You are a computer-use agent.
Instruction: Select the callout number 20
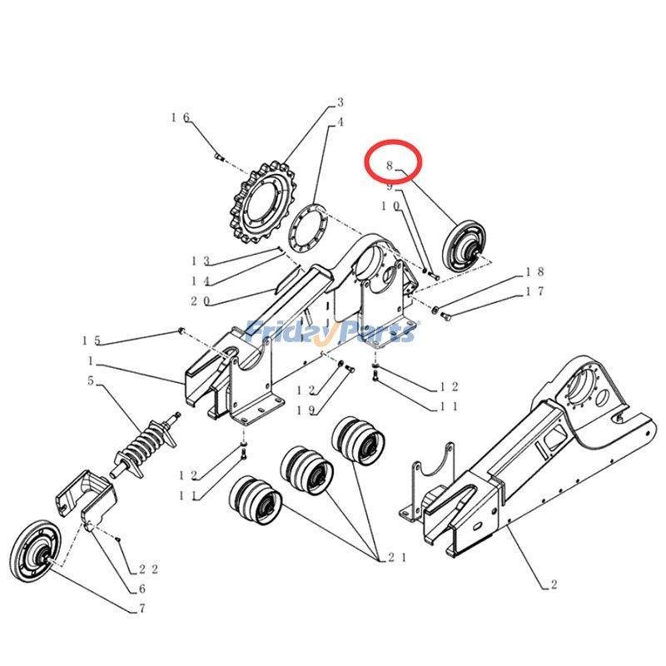200,301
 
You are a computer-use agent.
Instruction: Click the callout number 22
149,569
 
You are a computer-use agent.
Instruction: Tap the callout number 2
554,584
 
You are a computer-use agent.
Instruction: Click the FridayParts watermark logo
332,331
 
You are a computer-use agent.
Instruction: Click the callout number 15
91,340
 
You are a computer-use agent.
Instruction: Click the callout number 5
90,382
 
